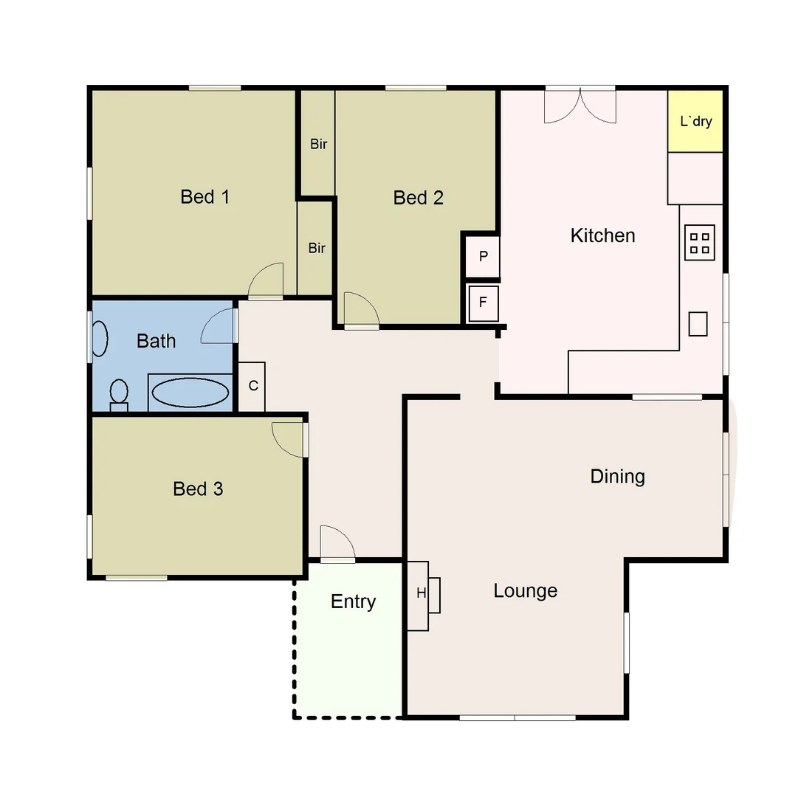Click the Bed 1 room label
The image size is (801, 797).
point(204,197)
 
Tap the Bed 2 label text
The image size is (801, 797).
point(418,198)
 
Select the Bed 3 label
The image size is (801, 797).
point(198,489)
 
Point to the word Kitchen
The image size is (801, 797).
point(602,235)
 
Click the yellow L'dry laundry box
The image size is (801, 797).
point(695,121)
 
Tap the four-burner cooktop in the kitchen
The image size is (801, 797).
point(699,244)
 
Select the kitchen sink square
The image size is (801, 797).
point(698,323)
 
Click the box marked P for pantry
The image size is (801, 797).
point(484,257)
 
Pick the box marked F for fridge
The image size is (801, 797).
point(484,303)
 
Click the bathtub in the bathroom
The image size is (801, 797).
point(190,393)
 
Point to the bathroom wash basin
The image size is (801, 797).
point(99,339)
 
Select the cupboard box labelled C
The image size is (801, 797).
point(252,386)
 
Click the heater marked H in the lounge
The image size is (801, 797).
point(423,595)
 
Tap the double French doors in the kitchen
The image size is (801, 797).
point(580,106)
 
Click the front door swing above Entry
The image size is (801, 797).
point(337,545)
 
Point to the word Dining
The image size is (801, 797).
point(617,477)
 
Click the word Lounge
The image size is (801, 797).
point(525,591)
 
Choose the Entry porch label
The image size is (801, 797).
point(353,602)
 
